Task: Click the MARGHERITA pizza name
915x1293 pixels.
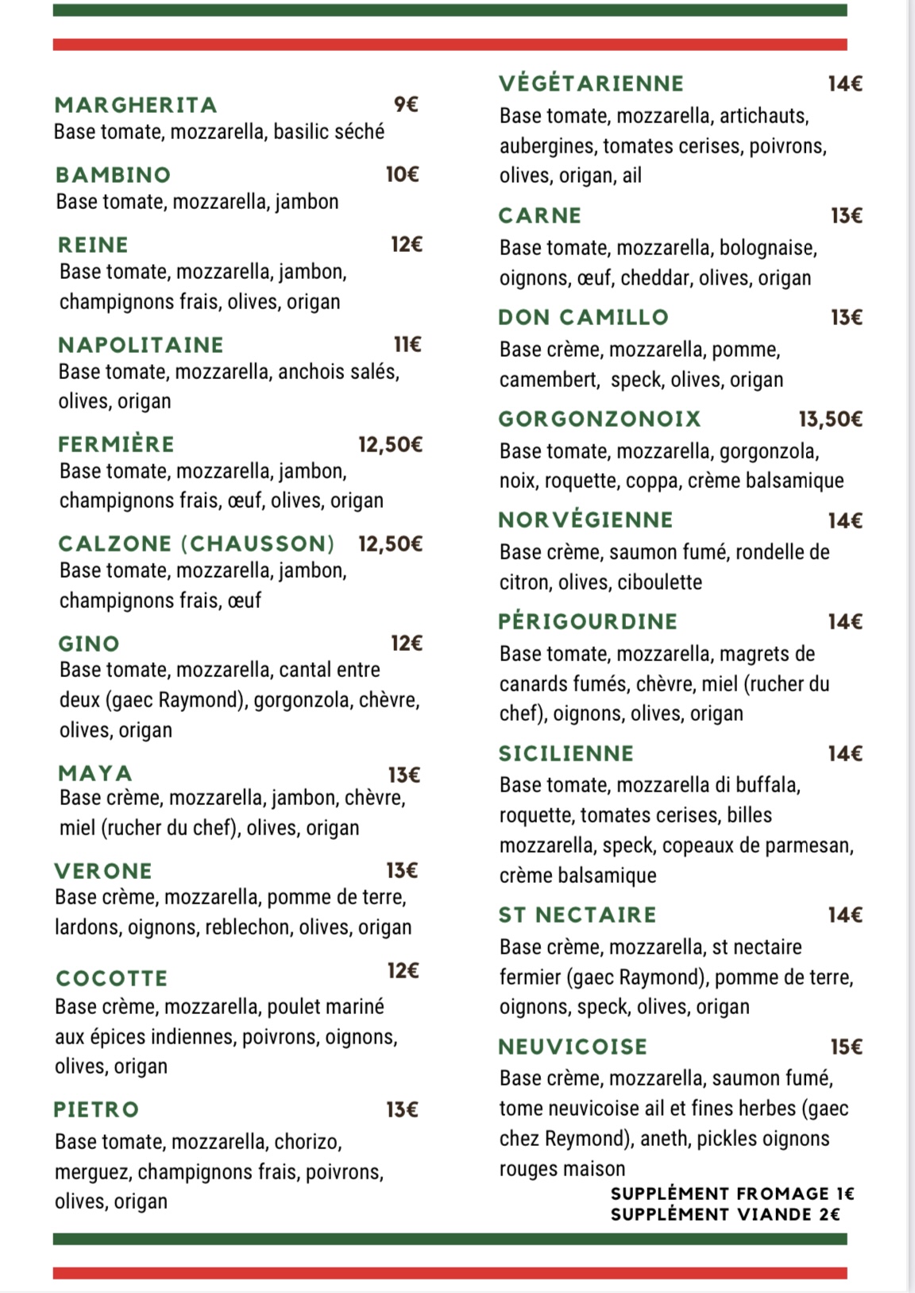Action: [136, 105]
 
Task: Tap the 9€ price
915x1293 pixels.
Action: [406, 104]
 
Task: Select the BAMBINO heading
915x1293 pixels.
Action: [114, 175]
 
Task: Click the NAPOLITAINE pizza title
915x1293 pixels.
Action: [141, 345]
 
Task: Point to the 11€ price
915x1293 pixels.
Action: [407, 344]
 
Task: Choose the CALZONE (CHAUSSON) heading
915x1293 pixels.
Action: [196, 544]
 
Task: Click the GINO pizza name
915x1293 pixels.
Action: [89, 644]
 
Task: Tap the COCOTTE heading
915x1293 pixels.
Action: [112, 978]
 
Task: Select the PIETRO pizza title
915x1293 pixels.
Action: [96, 1109]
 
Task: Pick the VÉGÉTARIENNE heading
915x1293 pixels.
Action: [591, 83]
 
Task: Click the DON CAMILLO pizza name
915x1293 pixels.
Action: [583, 317]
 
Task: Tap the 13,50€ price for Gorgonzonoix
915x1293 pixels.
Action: [830, 419]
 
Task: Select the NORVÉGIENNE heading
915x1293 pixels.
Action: [585, 520]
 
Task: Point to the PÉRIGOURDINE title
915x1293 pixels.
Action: [588, 621]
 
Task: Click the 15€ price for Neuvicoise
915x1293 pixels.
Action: [846, 1047]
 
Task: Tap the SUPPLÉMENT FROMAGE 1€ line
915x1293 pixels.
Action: [732, 1194]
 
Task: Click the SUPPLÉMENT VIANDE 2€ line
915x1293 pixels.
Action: [724, 1214]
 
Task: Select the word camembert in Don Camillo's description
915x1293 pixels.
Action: [548, 380]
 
